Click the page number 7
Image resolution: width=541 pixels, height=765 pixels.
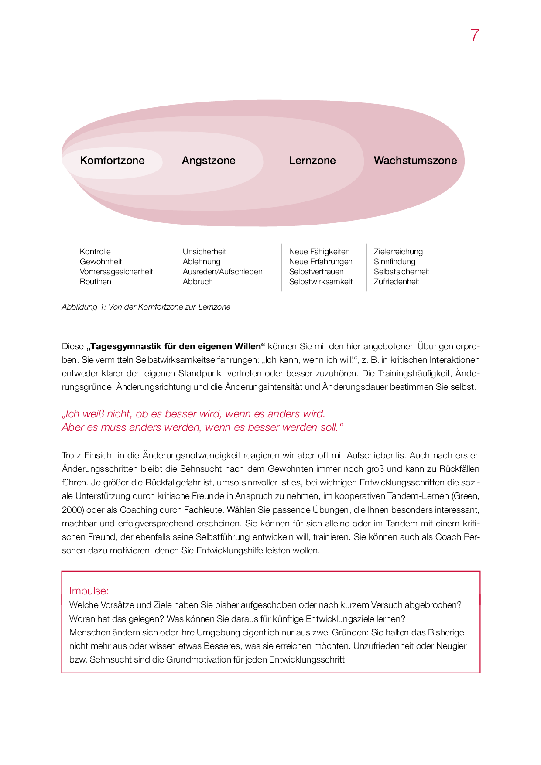pyautogui.click(x=475, y=35)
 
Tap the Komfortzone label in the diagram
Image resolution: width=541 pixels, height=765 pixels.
pyautogui.click(x=112, y=161)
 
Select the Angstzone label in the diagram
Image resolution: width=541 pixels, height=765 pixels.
pyautogui.click(x=209, y=161)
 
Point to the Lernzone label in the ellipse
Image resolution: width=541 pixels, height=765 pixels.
pyautogui.click(x=312, y=161)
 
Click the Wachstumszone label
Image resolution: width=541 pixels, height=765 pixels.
pyautogui.click(x=415, y=161)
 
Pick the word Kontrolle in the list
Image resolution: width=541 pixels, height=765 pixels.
pyautogui.click(x=95, y=252)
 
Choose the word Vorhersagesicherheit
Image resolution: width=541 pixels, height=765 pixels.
pyautogui.click(x=116, y=272)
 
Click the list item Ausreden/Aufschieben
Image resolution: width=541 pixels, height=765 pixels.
pyautogui.click(x=223, y=272)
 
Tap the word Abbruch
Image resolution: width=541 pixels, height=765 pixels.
pyautogui.click(x=198, y=282)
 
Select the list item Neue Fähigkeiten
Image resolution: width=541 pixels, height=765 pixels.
pyautogui.click(x=319, y=252)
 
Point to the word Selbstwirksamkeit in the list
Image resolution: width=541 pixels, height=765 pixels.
pyautogui.click(x=321, y=282)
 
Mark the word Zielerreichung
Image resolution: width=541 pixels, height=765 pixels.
pyautogui.click(x=398, y=252)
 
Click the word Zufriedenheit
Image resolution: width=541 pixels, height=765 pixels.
pyautogui.click(x=396, y=282)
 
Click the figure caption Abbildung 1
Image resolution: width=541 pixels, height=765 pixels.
pyautogui.click(x=146, y=307)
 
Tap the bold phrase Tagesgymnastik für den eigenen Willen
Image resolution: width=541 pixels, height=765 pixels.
pyautogui.click(x=176, y=347)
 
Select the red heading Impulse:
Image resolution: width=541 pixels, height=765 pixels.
pyautogui.click(x=89, y=591)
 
